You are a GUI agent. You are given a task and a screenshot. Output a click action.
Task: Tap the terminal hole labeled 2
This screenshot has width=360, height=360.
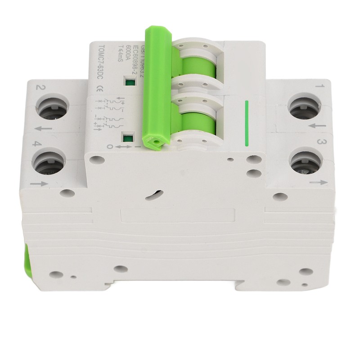[x=50, y=108]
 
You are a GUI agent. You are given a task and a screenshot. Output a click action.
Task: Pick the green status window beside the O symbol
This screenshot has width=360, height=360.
[x=128, y=139]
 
